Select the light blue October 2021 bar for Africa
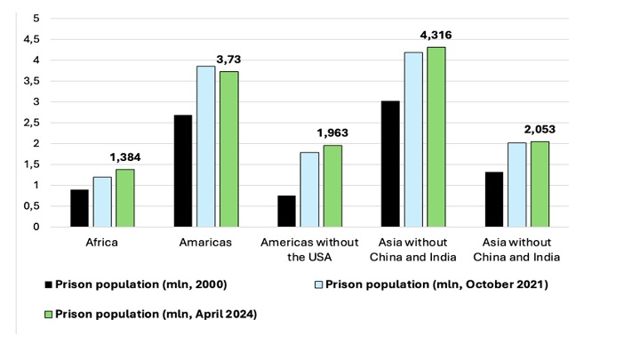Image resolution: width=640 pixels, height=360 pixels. (103, 202)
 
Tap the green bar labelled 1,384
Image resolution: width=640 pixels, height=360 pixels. (126, 198)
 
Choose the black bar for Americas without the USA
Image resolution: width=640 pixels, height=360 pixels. (287, 211)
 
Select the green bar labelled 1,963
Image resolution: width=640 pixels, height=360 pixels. (333, 186)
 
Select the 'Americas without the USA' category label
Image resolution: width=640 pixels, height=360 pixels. (310, 249)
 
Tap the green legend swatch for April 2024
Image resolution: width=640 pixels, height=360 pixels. (47, 313)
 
